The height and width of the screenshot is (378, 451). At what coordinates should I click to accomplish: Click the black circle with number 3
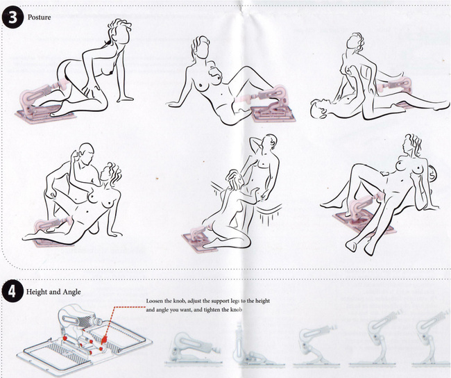click(12, 17)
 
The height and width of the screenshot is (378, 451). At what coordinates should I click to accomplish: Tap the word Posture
click(39, 17)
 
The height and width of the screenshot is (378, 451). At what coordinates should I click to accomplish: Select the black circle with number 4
click(12, 291)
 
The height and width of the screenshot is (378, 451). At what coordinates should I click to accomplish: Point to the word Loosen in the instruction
click(155, 301)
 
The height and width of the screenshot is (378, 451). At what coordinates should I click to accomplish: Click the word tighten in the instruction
click(214, 310)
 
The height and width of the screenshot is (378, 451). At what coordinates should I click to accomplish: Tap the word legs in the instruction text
click(236, 302)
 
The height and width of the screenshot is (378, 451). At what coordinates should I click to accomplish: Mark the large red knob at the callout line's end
click(104, 339)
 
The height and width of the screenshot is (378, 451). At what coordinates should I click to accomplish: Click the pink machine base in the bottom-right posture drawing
click(362, 222)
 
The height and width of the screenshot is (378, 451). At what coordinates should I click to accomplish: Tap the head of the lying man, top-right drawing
click(320, 108)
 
